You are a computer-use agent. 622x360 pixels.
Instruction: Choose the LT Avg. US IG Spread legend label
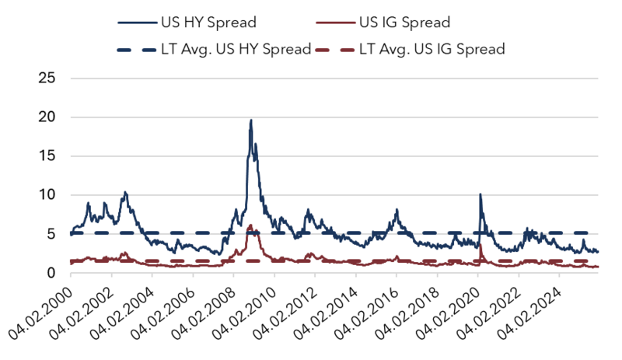point(432,49)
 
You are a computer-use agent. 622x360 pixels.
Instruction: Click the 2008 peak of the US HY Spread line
point(250,121)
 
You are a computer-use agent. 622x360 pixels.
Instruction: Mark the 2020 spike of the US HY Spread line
point(480,194)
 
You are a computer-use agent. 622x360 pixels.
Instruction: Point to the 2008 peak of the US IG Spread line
point(250,225)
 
